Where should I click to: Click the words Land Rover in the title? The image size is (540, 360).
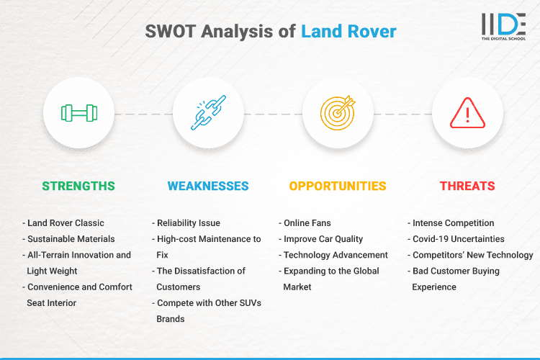click(x=348, y=32)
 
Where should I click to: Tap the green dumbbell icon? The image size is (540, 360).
click(x=78, y=113)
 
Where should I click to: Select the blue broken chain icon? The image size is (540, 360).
click(x=208, y=113)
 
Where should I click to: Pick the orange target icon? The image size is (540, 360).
click(x=338, y=113)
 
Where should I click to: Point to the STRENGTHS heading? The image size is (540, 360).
click(x=78, y=186)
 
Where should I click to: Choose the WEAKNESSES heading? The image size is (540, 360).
click(x=208, y=186)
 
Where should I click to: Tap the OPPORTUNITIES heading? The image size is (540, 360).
click(x=338, y=186)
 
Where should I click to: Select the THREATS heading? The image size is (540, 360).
click(x=467, y=186)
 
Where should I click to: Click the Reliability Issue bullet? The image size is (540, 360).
click(x=189, y=223)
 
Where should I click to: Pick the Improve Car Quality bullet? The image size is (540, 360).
click(x=324, y=239)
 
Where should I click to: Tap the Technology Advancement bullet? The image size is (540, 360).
click(x=336, y=255)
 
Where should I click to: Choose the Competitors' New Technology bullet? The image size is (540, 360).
click(x=472, y=255)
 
